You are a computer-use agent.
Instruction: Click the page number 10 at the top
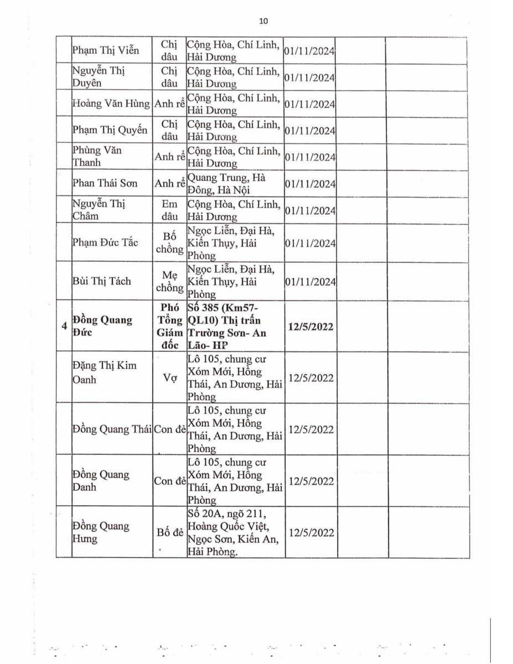pos(263,21)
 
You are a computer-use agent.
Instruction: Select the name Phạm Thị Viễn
pos(105,51)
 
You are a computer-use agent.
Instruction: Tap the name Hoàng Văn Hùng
pos(112,103)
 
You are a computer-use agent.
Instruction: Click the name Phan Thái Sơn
pos(105,183)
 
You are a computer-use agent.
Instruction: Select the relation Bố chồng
pos(169,242)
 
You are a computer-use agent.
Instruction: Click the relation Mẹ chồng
pos(169,281)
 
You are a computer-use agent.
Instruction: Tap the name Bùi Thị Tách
pos(102,281)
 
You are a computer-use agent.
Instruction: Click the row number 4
pos(65,326)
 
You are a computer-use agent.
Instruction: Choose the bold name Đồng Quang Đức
pos(102,326)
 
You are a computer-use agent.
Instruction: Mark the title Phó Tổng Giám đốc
pos(169,326)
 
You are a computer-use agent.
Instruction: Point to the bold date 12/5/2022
pos(310,326)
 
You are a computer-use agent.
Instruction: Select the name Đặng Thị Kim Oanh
pos(104,372)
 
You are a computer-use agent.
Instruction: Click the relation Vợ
pos(169,378)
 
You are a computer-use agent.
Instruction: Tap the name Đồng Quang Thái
pos(112,429)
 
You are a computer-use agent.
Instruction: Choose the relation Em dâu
pos(169,210)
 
